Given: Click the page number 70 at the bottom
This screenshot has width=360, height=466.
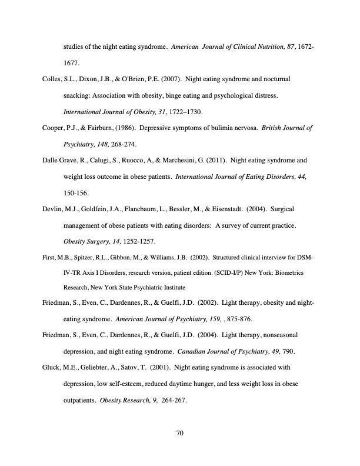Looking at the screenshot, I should [x=181, y=434].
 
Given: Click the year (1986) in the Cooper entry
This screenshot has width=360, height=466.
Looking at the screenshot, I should [x=130, y=128].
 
